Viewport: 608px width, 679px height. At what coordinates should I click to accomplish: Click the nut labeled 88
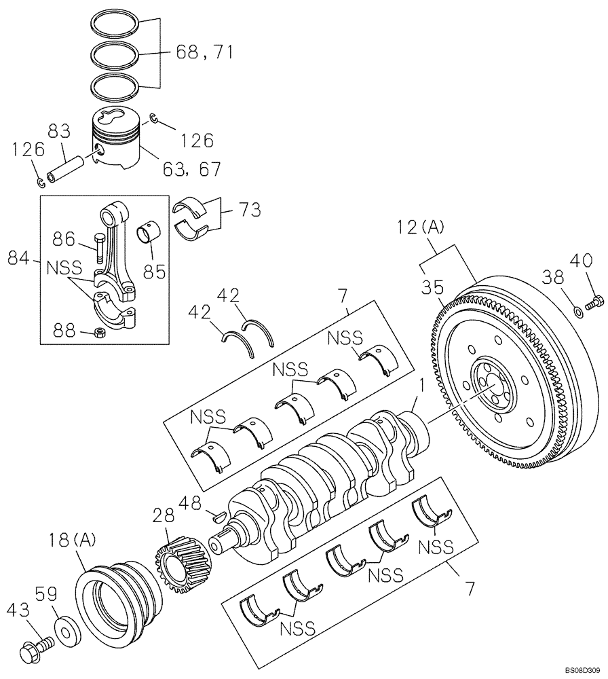pyautogui.click(x=98, y=333)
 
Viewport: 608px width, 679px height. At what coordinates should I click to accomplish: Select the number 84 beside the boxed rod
pyautogui.click(x=19, y=258)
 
